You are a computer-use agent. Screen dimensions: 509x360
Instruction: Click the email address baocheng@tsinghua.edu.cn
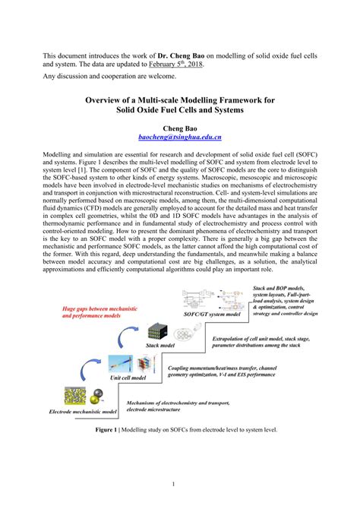tap(180, 138)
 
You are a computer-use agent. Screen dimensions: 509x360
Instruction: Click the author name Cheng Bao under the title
tap(180, 129)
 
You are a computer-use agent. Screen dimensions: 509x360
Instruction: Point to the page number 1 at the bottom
tap(180, 483)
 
